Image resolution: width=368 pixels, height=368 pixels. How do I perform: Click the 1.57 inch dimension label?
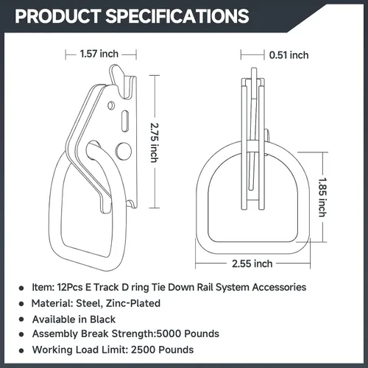tap(99, 54)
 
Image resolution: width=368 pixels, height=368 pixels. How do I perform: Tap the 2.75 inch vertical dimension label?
tap(155, 143)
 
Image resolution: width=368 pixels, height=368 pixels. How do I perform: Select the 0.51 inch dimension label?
tap(289, 55)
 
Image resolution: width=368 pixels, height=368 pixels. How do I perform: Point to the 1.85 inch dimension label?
tap(322, 197)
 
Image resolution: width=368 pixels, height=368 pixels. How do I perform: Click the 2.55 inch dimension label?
tap(252, 263)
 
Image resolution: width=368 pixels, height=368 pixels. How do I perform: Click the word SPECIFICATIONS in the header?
tap(177, 16)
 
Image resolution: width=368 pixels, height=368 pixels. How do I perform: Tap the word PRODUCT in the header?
tap(58, 16)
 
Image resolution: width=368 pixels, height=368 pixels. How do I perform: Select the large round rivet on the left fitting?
tap(123, 150)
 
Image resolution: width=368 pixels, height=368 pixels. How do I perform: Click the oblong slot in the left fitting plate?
tap(125, 120)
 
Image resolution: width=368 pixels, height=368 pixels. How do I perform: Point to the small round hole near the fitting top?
tap(111, 105)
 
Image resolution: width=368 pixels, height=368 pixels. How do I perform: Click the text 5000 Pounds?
tap(188, 333)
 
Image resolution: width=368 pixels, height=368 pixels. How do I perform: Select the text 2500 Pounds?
tap(162, 350)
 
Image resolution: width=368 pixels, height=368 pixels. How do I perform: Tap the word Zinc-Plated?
tap(133, 303)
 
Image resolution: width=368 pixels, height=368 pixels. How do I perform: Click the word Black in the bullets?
tap(102, 319)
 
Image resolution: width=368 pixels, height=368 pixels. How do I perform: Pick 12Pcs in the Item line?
tap(70, 287)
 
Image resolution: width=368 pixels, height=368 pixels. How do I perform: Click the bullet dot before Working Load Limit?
tap(21, 350)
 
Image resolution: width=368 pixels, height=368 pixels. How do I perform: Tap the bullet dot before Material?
tap(21, 304)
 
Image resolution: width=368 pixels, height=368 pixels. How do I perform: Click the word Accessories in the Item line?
tap(279, 287)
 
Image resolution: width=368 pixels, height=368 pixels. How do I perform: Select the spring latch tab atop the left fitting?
tap(116, 75)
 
